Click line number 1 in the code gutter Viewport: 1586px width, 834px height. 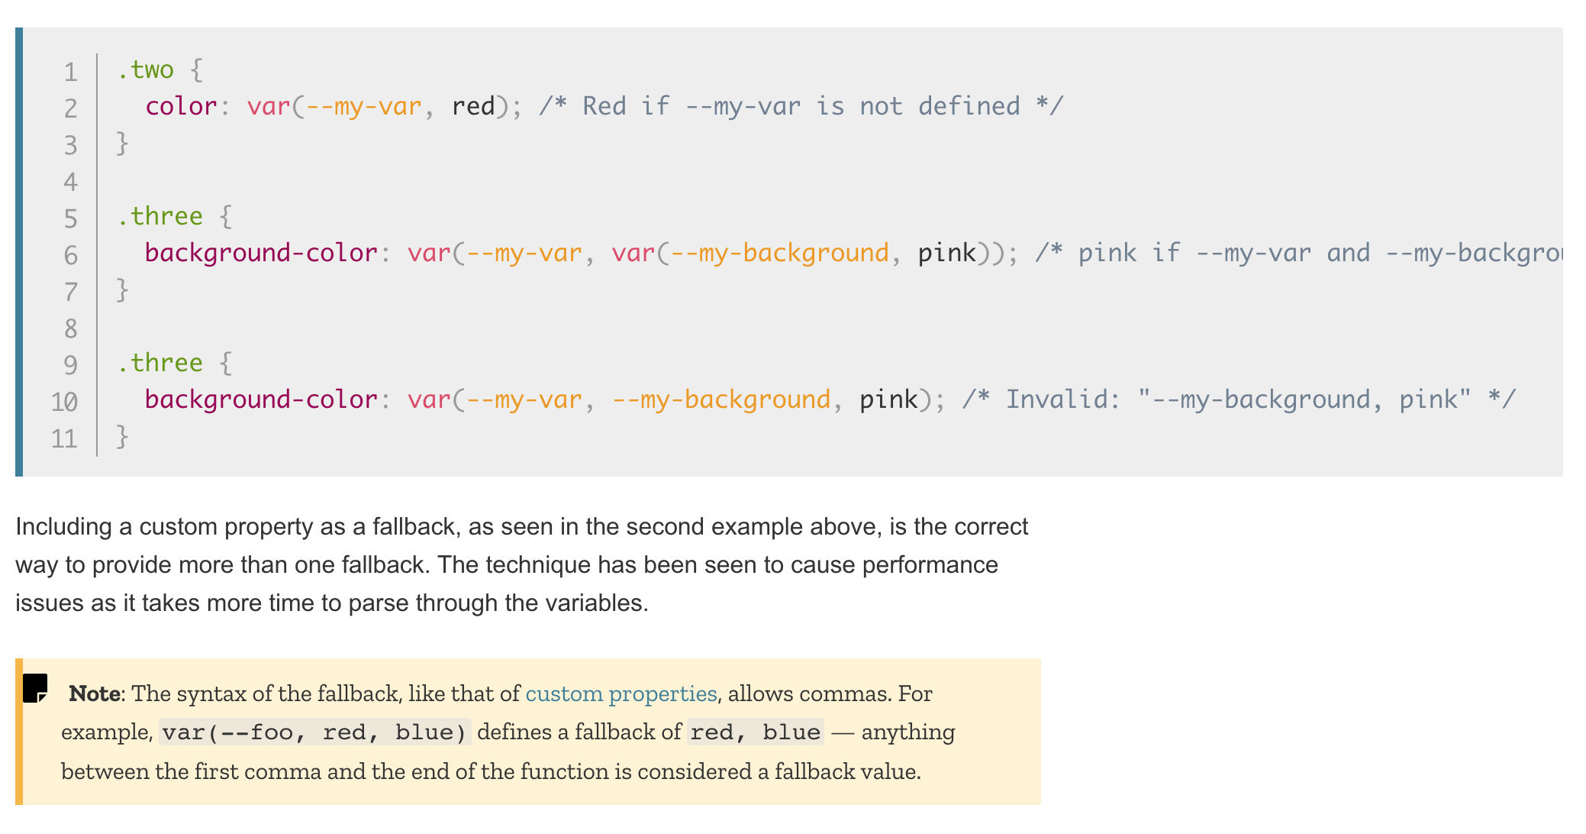pos(70,72)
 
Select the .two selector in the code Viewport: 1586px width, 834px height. pos(145,69)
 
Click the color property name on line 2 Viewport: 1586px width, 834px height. pos(181,106)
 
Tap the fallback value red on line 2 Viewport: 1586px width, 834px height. pos(473,106)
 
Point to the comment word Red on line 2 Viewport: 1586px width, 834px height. pos(604,106)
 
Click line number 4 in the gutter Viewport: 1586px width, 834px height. pos(70,182)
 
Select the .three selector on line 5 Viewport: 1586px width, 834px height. pos(160,216)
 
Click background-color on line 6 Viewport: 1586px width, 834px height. pos(261,253)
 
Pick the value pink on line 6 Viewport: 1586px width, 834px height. pos(946,253)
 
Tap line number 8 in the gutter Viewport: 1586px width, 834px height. pos(70,328)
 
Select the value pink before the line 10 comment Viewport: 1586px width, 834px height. pos(888,399)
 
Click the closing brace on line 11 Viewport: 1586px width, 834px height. pos(122,436)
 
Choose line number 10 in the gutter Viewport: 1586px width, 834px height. pos(65,402)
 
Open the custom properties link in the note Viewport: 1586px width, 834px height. pos(621,693)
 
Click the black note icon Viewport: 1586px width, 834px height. pos(35,687)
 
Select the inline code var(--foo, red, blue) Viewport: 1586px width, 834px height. pos(314,732)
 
